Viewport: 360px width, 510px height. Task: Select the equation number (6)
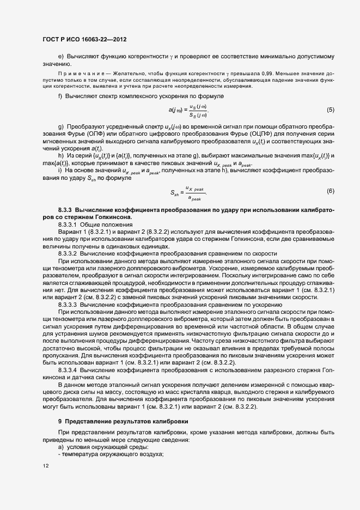[330, 191]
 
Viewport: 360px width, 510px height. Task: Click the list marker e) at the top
[60, 57]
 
